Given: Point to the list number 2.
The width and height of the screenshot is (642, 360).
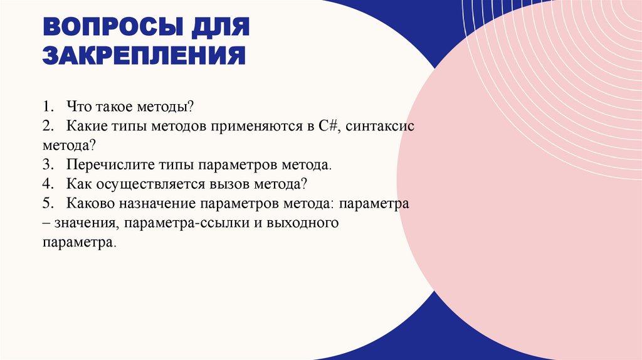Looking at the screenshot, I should (48, 126).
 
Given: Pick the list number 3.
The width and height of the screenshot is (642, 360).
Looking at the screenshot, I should (48, 166).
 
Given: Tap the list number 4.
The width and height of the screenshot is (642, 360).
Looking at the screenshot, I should (48, 185).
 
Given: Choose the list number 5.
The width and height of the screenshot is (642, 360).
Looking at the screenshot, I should (48, 204).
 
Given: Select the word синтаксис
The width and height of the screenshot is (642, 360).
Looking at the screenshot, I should (380, 126).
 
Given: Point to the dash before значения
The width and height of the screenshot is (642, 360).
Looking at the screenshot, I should (47, 224).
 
